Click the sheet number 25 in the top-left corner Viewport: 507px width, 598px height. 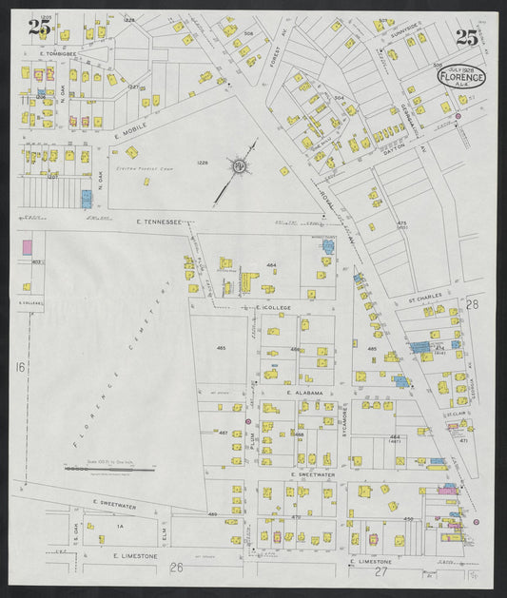39,28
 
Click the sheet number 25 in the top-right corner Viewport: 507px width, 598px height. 466,38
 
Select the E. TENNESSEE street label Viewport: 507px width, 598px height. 159,222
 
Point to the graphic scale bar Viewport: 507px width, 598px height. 95,469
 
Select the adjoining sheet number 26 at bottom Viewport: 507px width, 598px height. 176,568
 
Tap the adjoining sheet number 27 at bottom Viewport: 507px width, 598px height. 382,570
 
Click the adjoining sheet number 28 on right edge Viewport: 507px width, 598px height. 472,304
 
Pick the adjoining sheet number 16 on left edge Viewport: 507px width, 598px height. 19,366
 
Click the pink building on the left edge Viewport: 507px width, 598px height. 27,246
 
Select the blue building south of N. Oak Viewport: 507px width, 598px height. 87,199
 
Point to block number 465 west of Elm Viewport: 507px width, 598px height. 222,349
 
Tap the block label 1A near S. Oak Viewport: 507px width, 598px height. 120,525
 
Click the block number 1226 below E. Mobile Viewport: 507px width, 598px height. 202,162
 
